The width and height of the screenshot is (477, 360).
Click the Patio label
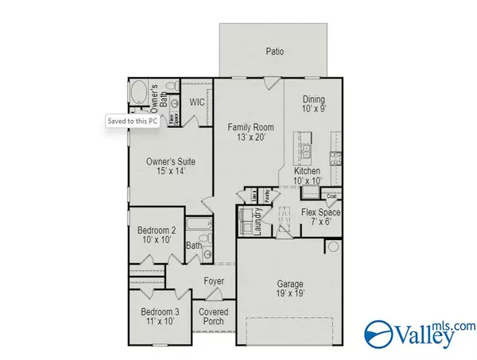[x=275, y=52]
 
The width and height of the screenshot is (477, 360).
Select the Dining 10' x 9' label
[x=314, y=105]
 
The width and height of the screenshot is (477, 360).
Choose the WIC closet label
[x=197, y=103]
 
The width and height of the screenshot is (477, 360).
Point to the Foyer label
[x=213, y=281]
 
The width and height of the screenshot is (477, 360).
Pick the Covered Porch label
[x=213, y=316]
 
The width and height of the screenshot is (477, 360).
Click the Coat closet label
[x=332, y=196]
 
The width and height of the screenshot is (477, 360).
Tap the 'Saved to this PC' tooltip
[x=133, y=122]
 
